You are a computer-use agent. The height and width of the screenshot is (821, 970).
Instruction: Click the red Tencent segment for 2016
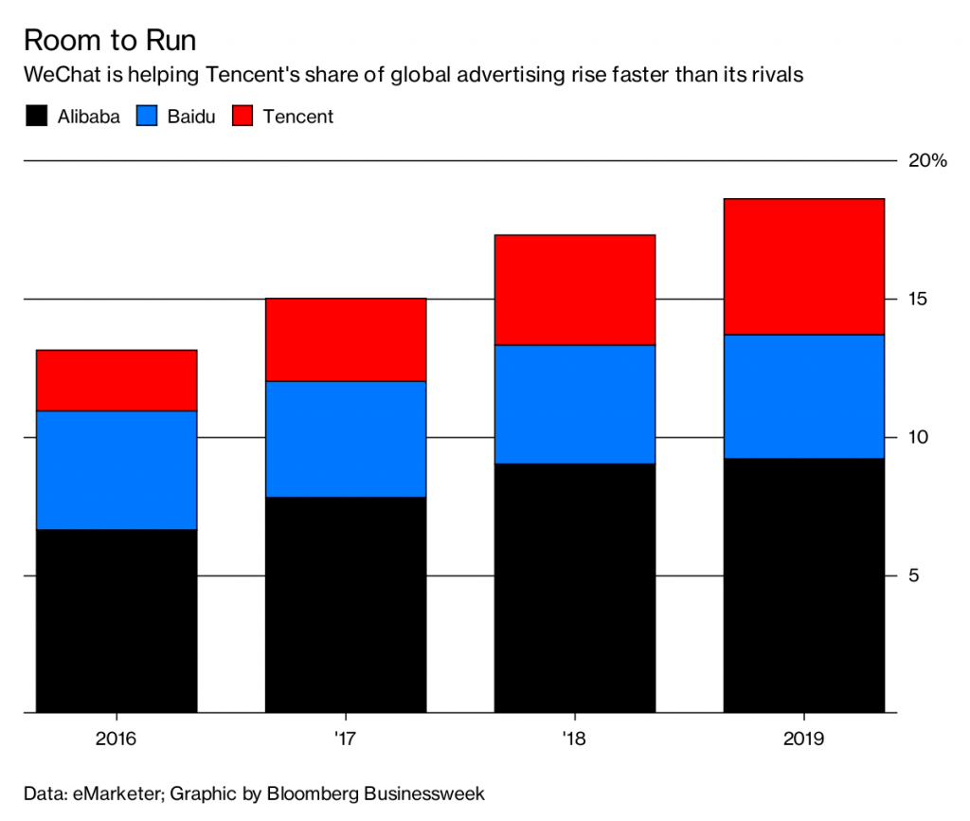[117, 380]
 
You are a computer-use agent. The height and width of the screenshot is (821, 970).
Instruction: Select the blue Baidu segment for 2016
[117, 469]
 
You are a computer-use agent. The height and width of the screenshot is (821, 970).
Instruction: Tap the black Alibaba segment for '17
[345, 604]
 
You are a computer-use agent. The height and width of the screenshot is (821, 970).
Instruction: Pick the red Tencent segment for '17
[345, 339]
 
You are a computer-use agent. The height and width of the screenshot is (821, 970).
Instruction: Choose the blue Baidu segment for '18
[574, 404]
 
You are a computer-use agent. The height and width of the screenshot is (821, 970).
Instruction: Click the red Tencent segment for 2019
[803, 266]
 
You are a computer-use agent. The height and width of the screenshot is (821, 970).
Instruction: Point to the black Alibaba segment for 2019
[803, 585]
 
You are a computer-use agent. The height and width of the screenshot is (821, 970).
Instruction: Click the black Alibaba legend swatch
[36, 117]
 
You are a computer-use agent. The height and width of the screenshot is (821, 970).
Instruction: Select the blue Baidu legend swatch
[151, 117]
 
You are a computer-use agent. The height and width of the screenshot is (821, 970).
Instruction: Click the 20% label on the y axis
[927, 161]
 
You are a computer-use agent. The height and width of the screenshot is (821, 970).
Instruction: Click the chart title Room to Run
[110, 41]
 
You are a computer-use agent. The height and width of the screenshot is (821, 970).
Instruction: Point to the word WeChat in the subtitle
[59, 75]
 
